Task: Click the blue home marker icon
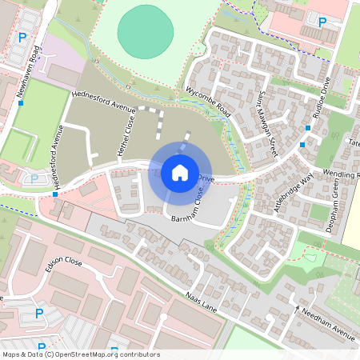(180, 173)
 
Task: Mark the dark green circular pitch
(146, 32)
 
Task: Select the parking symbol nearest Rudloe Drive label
(322, 22)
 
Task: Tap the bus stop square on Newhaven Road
(22, 102)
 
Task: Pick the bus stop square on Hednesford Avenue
(54, 194)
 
